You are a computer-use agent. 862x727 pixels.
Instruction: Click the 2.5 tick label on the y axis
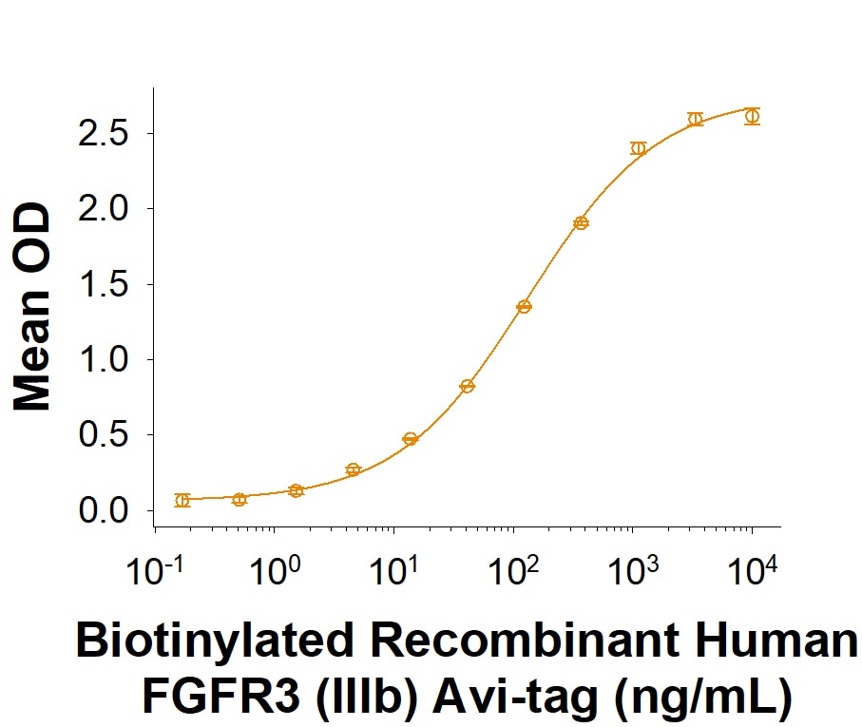click(103, 134)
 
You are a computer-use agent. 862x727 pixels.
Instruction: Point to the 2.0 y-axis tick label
click(103, 209)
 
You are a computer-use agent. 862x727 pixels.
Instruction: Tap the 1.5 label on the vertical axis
click(103, 284)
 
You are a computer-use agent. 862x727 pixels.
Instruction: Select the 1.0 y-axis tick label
click(103, 359)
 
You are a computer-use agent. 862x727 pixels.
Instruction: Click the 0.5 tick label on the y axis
click(103, 434)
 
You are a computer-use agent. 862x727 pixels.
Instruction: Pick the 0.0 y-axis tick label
click(103, 510)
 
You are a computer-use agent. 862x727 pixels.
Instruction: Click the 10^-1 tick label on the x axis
click(155, 570)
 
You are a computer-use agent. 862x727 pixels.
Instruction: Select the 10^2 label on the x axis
click(514, 570)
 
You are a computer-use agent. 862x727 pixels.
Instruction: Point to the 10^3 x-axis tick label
click(633, 570)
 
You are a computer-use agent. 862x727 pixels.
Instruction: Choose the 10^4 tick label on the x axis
click(753, 570)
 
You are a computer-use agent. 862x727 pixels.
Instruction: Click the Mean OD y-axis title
click(32, 307)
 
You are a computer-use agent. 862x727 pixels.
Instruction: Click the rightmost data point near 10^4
click(753, 116)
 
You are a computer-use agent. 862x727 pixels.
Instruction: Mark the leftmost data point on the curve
click(182, 500)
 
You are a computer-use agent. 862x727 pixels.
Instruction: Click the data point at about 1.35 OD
click(524, 307)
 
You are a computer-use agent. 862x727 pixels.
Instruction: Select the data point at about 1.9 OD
click(581, 223)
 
